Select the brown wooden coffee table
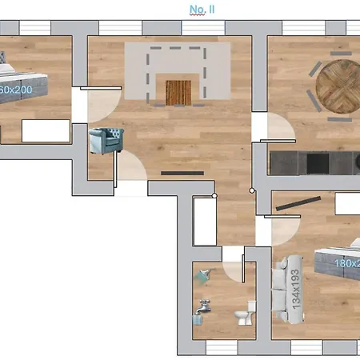coord(179,91)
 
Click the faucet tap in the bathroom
coord(204,306)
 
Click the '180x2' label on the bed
coord(344,263)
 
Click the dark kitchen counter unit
coord(313,162)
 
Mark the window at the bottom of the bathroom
coord(223,348)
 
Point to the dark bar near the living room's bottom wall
coord(176,172)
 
